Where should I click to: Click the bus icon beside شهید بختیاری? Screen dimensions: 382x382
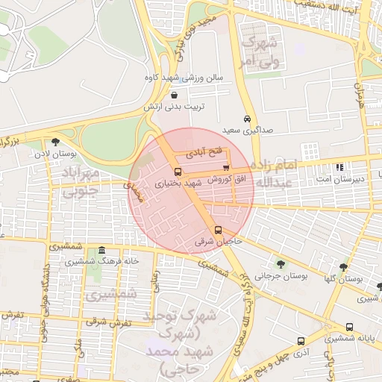177,171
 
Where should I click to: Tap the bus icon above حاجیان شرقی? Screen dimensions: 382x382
218,230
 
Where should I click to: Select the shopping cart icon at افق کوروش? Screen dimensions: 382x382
225,167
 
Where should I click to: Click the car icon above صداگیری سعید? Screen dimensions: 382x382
247,119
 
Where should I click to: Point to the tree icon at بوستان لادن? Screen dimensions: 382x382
55,142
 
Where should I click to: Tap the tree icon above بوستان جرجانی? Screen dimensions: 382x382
281,263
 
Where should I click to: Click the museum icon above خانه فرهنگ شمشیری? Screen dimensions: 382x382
101,250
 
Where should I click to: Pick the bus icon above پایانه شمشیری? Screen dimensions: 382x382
350,327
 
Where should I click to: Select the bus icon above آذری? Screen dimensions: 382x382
301,339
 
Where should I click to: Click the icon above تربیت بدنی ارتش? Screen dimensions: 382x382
174,95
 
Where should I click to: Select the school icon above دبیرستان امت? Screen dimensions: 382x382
340,167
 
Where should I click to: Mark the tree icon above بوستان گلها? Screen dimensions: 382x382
343,266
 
